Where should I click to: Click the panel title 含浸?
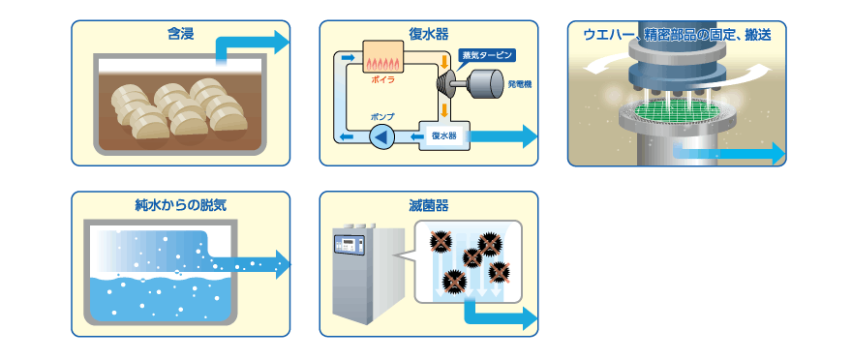click(180, 34)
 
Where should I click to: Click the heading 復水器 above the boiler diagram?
click(429, 34)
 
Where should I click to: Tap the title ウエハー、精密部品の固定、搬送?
click(677, 35)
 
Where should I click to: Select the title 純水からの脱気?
click(180, 205)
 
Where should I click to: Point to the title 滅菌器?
click(429, 205)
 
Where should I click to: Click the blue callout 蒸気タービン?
click(485, 56)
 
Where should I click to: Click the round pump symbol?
click(382, 136)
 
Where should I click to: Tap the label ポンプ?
click(382, 117)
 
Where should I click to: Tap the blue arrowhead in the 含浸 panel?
click(282, 43)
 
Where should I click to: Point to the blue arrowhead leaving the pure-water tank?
click(283, 264)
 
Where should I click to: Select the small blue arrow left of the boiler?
click(348, 56)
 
